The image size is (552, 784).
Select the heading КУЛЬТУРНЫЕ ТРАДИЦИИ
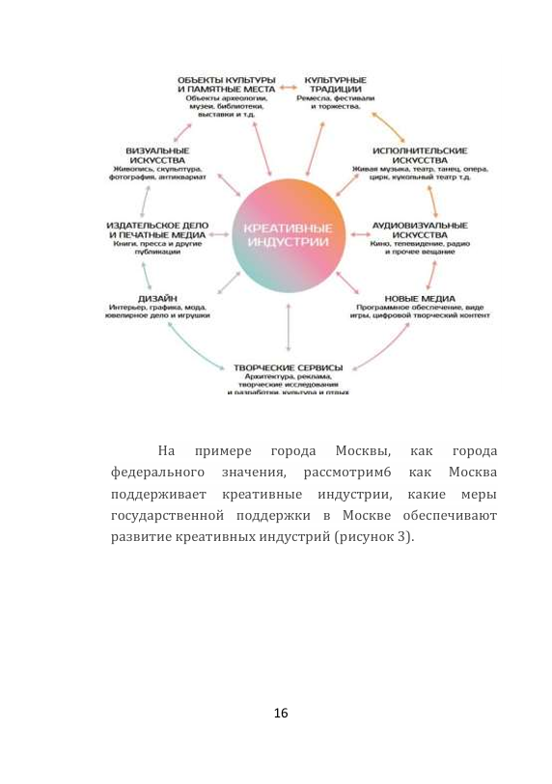pos(335,84)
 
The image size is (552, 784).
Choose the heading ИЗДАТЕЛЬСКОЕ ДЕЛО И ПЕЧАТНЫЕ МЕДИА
pos(157,230)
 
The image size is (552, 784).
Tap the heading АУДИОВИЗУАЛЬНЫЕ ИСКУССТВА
pos(420,230)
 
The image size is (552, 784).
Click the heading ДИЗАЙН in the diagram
pos(156,298)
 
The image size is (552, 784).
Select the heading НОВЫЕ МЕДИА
pos(421,299)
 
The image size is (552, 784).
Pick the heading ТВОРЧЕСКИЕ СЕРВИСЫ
pos(289,368)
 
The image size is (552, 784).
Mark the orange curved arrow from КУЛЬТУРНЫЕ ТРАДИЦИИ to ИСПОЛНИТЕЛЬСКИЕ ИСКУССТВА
pos(389,124)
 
